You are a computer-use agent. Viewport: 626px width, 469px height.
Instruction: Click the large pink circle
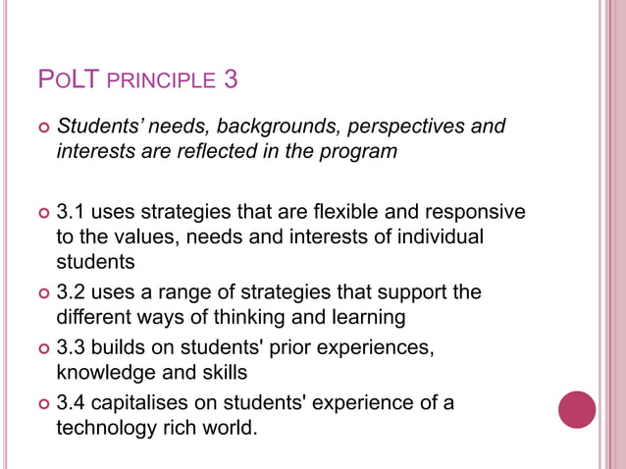[x=577, y=409]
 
